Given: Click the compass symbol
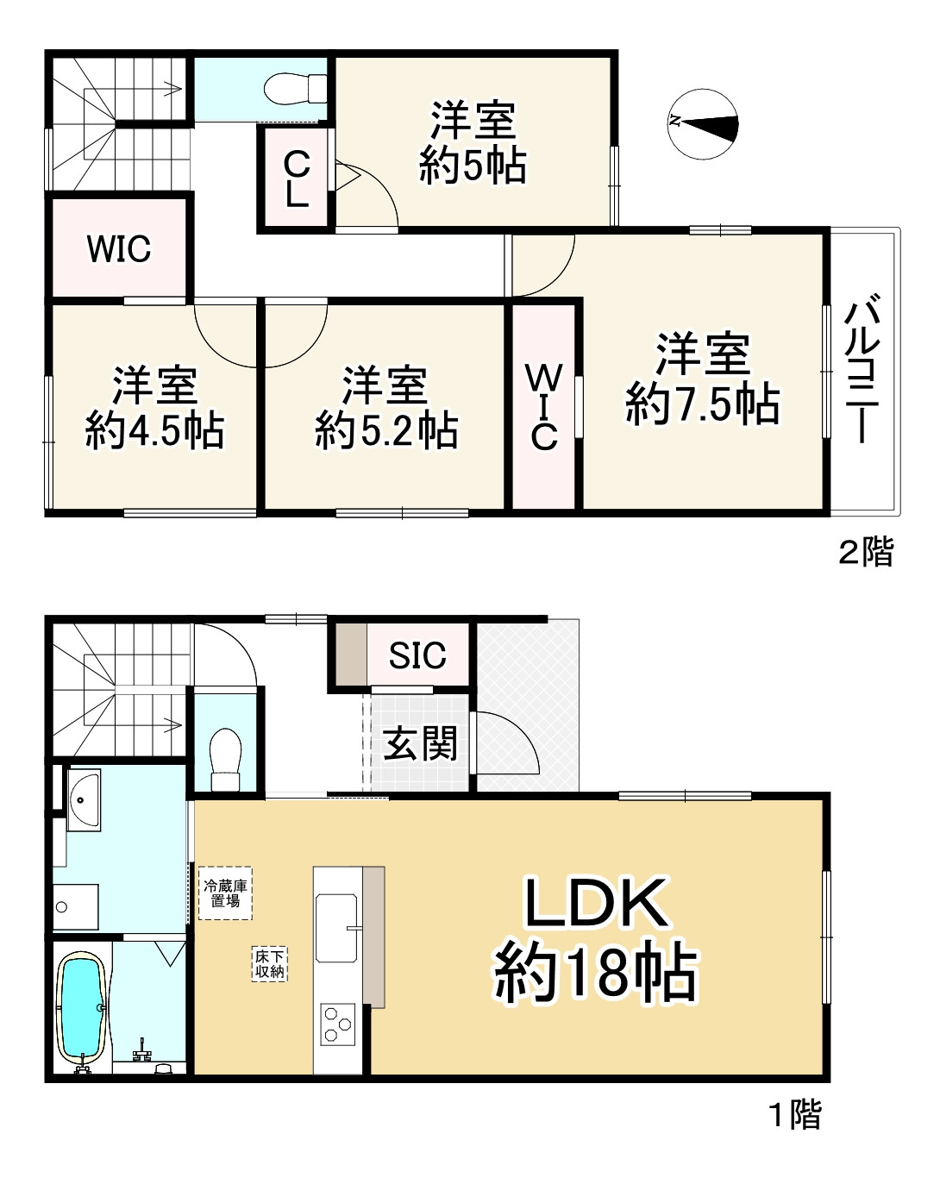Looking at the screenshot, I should tap(704, 123).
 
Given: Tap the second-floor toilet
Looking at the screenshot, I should tap(292, 88).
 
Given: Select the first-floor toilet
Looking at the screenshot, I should tap(226, 757).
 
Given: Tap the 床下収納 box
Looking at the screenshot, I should tap(269, 963).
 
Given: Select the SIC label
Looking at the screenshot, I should tap(417, 655).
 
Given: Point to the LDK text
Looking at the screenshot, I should tap(594, 904).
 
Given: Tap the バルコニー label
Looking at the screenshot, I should tap(863, 371).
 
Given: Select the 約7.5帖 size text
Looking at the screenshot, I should tap(702, 404).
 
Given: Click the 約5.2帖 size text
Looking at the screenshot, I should tap(385, 429).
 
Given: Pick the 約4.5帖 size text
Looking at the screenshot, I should tap(155, 429).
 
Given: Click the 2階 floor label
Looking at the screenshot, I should tap(866, 552).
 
